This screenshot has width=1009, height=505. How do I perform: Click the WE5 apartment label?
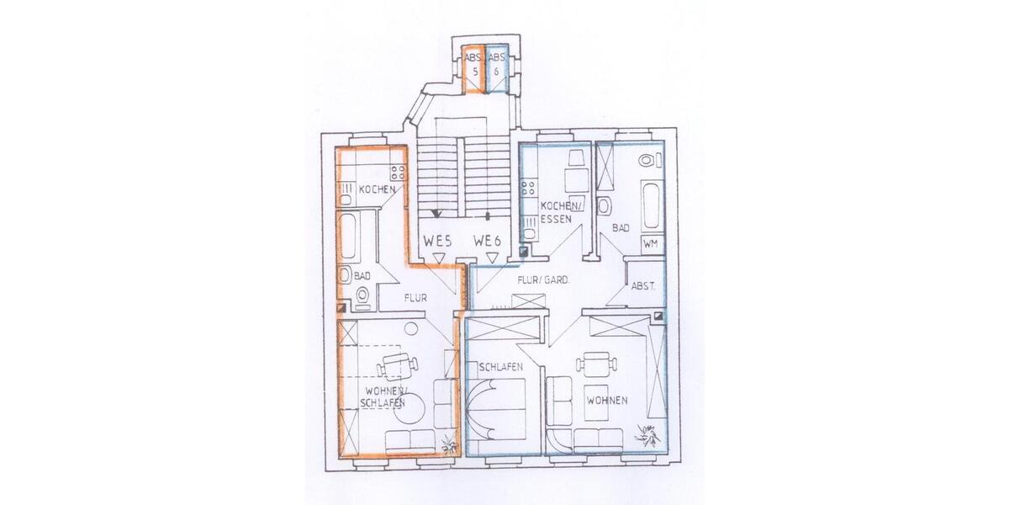coord(438,241)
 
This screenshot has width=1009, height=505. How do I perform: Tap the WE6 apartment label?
coord(488,241)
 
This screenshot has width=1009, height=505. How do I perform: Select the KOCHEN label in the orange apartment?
coord(377,190)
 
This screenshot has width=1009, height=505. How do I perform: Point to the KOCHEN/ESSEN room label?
coord(559,212)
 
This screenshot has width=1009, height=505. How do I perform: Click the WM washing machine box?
coord(650,243)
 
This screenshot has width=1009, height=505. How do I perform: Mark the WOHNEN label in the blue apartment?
coord(607,401)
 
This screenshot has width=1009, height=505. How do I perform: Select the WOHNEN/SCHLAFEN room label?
coord(386,396)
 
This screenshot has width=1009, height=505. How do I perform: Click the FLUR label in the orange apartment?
coord(416,297)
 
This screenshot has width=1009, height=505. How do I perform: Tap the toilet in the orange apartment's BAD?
coord(362,295)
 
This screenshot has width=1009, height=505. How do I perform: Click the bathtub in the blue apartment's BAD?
coord(650,202)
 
